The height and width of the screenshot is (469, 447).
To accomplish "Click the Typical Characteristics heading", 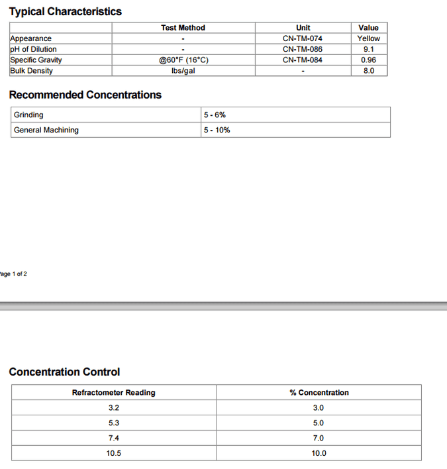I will (65, 11).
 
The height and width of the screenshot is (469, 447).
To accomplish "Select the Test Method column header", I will (183, 28).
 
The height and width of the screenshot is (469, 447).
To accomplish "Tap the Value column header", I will (368, 28).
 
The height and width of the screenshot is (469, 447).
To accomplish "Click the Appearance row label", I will (30, 38).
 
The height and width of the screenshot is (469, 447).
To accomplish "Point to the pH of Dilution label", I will (33, 49).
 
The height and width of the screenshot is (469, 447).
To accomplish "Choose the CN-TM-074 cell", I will (303, 38).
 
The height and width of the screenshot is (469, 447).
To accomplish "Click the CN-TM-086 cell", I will (303, 49).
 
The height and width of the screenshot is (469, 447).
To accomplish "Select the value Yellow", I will (368, 38).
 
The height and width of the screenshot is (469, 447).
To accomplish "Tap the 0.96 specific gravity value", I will (368, 60).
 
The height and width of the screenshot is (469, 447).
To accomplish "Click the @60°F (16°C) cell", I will (183, 60).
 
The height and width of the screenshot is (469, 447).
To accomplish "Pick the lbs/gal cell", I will (183, 70).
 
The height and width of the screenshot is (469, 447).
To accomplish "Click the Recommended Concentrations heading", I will (85, 95).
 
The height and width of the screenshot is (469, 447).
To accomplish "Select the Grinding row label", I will (28, 115).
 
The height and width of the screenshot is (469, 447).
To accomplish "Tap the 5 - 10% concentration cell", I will (217, 130).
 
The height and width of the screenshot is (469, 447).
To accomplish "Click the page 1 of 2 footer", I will (13, 274).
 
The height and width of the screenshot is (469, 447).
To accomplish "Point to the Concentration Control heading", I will (64, 372).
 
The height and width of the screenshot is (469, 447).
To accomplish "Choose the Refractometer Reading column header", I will (113, 392).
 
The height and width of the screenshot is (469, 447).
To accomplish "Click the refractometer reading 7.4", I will (113, 438).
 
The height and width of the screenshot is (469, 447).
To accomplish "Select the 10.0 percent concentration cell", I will (319, 453).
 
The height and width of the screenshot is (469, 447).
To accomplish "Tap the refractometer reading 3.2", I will (113, 407).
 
